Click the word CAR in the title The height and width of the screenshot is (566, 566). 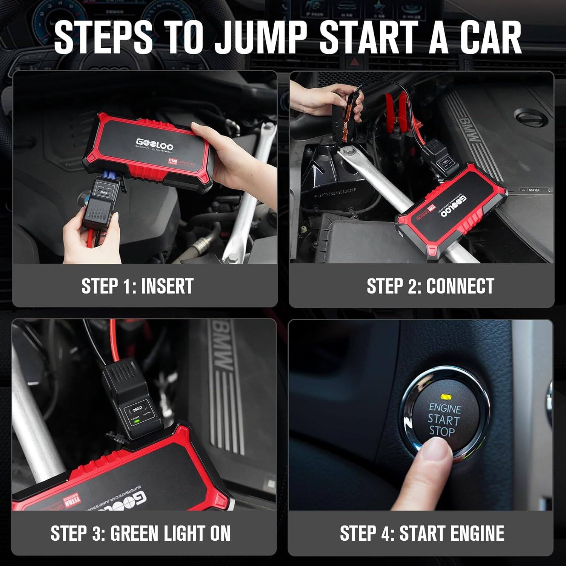pos(478,37)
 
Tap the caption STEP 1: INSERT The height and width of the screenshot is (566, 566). pos(137,286)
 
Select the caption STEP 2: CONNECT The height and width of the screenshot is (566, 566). pos(430,286)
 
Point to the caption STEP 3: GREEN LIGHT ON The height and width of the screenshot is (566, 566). pos(140,533)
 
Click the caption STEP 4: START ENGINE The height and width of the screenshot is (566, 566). pos(422,533)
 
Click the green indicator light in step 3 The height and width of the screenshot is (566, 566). pos(136,421)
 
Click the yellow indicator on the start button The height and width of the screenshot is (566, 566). pos(446,397)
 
